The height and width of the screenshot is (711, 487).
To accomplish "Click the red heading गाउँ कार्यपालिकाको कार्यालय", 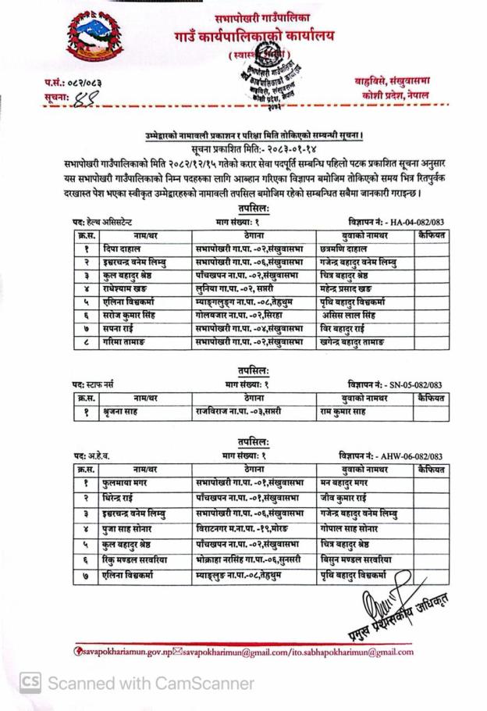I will [257, 37].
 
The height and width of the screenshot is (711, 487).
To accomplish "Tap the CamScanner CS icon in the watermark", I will [30, 683].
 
